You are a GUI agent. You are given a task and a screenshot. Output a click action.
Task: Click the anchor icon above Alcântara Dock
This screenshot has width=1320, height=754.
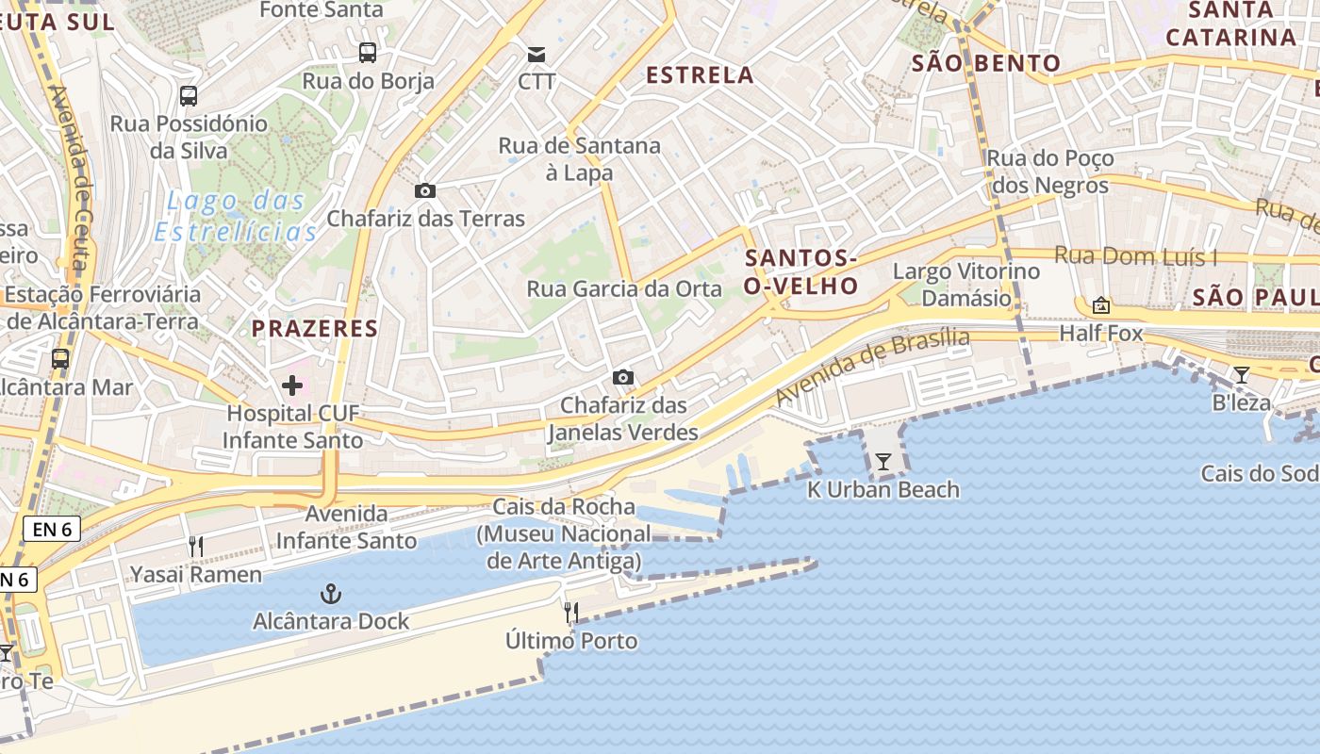pyautogui.click(x=330, y=594)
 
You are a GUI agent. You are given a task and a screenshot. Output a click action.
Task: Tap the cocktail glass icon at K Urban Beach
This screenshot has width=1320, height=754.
pyautogui.click(x=883, y=462)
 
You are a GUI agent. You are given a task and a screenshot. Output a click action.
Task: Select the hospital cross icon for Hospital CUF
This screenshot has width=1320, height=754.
pyautogui.click(x=292, y=385)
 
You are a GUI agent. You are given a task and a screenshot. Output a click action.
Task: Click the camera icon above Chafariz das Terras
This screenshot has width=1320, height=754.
pyautogui.click(x=425, y=190)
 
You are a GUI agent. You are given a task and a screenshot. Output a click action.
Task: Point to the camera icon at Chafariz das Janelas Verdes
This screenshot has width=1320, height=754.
pyautogui.click(x=622, y=377)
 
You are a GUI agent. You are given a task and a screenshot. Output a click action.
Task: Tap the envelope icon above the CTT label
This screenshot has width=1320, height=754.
pyautogui.click(x=536, y=54)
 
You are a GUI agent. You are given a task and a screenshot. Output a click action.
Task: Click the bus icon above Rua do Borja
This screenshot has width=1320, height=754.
pyautogui.click(x=368, y=53)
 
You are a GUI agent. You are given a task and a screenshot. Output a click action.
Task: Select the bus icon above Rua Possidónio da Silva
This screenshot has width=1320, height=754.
pyautogui.click(x=189, y=95)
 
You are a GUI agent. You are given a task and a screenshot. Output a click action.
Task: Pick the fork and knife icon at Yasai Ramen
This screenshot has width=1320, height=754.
pyautogui.click(x=196, y=546)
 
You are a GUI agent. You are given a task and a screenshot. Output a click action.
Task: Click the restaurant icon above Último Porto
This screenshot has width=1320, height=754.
pyautogui.click(x=570, y=613)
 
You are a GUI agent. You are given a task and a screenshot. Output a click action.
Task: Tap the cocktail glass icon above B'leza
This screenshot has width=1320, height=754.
pyautogui.click(x=1242, y=375)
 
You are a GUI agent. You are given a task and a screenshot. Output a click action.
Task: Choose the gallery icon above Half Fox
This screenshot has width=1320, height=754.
pyautogui.click(x=1100, y=305)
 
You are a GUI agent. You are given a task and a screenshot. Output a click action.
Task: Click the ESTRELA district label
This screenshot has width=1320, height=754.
pyautogui.click(x=700, y=75)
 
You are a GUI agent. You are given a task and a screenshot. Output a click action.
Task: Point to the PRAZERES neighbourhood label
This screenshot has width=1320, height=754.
pyautogui.click(x=314, y=329)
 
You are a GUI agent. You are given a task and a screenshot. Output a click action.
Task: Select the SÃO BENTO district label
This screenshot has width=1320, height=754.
pyautogui.click(x=986, y=64)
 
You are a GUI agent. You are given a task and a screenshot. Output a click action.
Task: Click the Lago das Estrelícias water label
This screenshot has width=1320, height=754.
pyautogui.click(x=236, y=216)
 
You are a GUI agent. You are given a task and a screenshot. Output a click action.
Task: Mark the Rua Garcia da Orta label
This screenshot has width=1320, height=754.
pyautogui.click(x=624, y=289)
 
